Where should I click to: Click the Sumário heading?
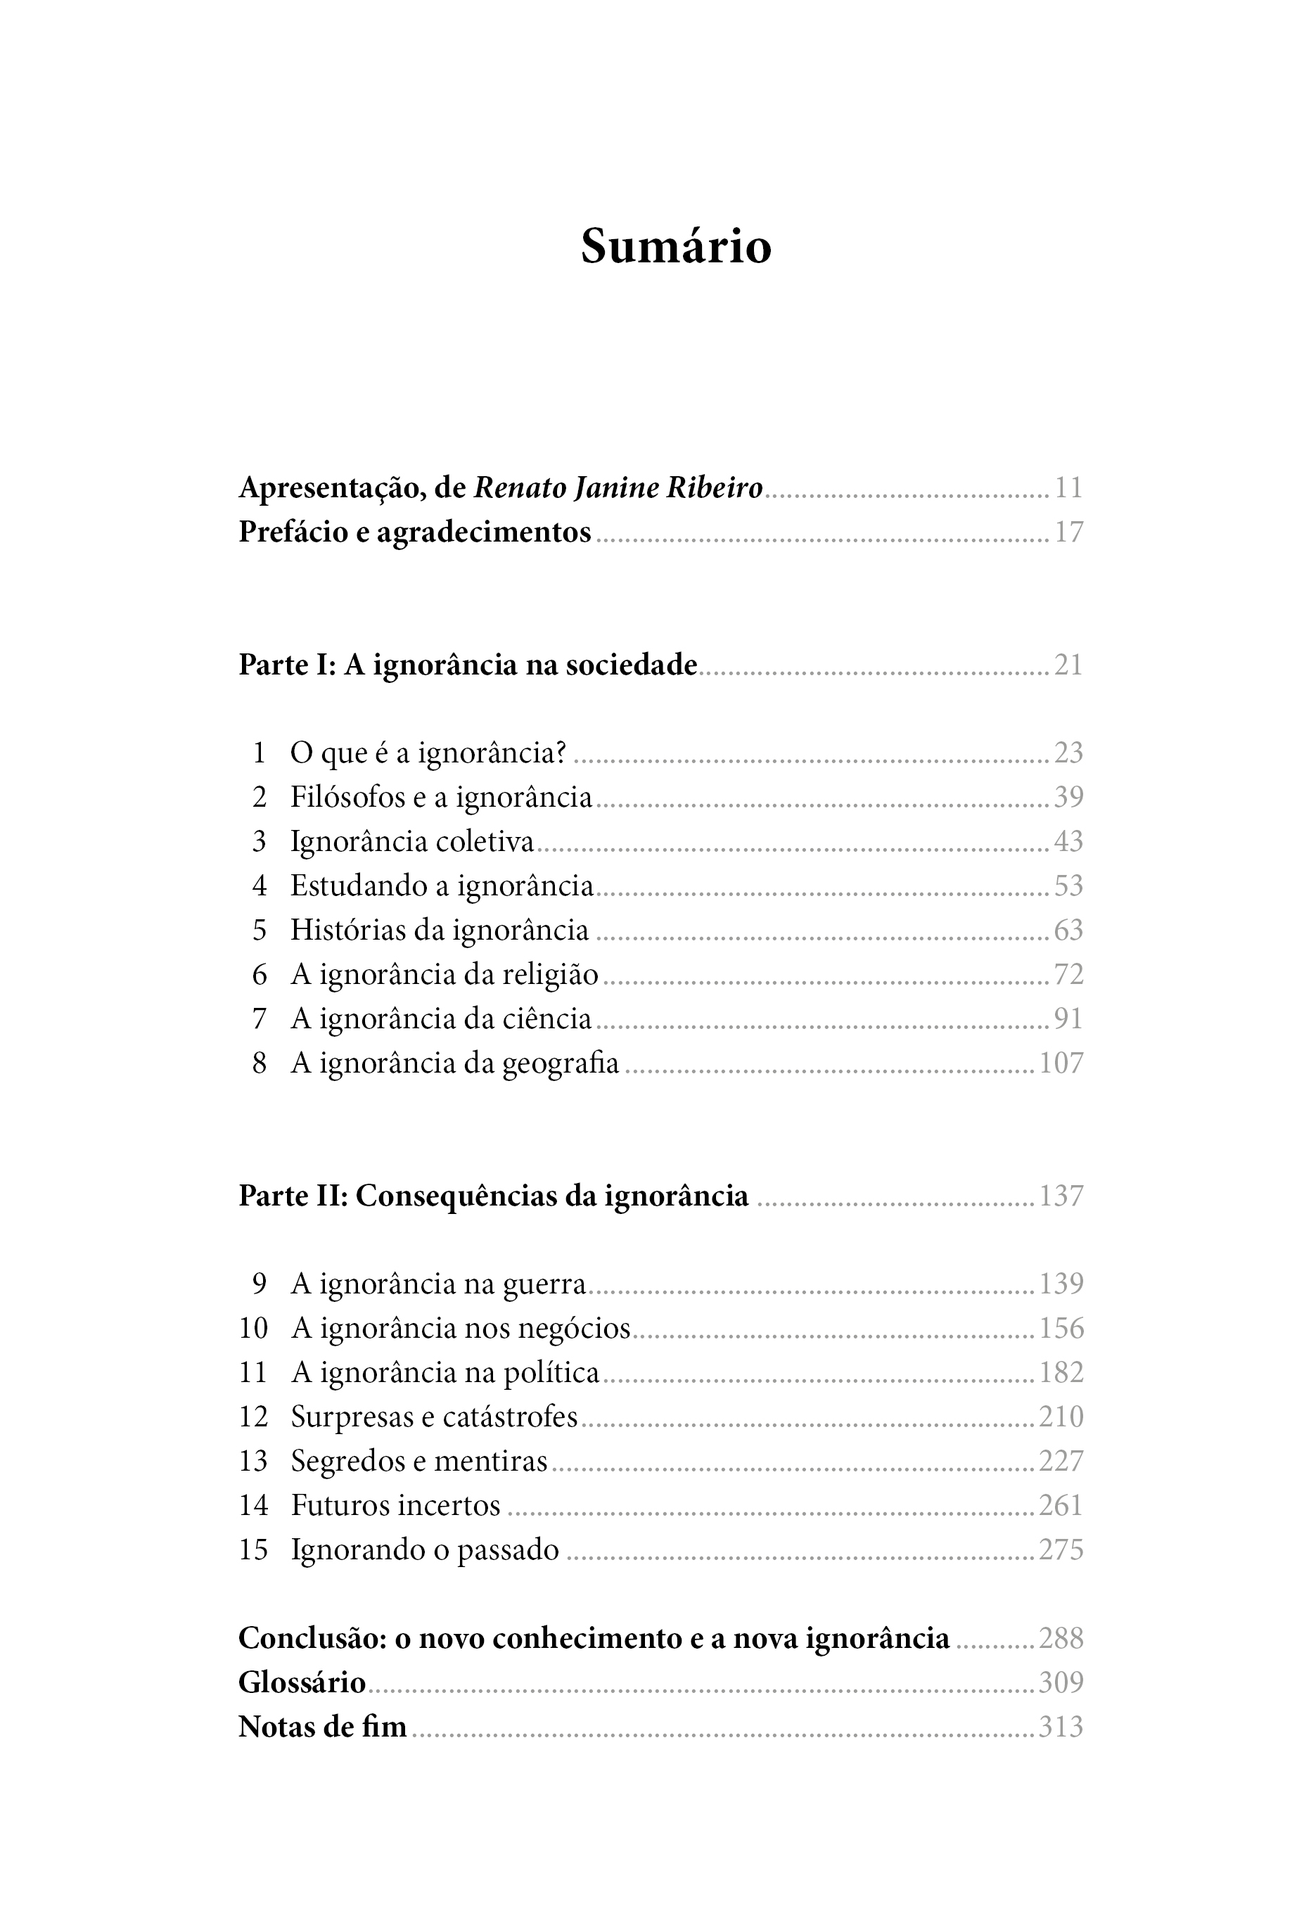point(676,246)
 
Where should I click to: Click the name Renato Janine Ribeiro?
point(618,488)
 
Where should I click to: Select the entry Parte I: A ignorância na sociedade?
point(467,665)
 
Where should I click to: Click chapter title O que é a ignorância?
point(428,753)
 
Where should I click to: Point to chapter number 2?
point(259,798)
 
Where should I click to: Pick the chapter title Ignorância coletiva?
point(412,842)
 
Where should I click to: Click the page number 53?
point(1068,886)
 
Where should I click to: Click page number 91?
point(1068,1020)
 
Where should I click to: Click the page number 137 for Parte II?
point(1061,1196)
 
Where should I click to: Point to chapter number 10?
point(253,1329)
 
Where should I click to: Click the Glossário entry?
point(302,1682)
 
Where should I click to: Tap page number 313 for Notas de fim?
point(1061,1727)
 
